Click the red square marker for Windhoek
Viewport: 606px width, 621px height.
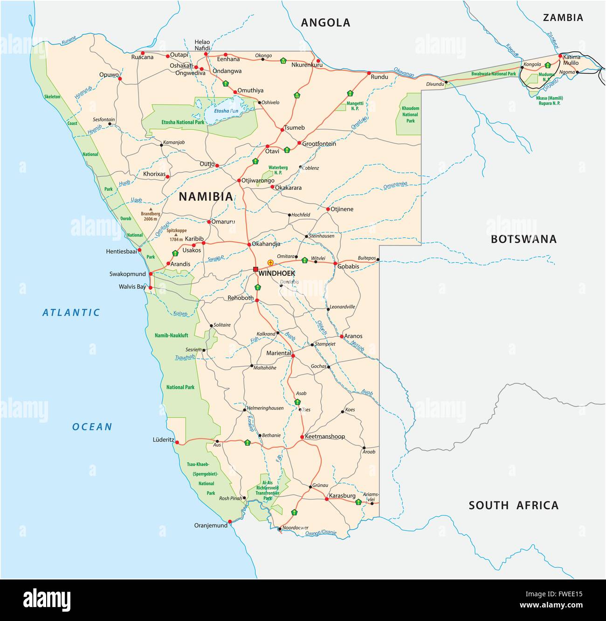point(255,269)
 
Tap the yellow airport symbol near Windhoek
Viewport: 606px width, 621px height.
point(270,263)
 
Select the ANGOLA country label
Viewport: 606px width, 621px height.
point(325,22)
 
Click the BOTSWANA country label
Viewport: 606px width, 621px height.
point(523,239)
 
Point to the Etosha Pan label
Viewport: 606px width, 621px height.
point(226,111)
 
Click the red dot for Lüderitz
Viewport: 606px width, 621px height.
point(177,442)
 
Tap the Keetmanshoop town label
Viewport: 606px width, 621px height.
point(325,436)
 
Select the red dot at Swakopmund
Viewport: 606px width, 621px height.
point(151,274)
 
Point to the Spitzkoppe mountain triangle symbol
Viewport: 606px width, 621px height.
point(176,234)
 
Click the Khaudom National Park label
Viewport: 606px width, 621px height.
point(410,114)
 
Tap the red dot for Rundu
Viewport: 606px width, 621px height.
point(369,73)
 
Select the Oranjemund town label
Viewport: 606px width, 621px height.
point(211,525)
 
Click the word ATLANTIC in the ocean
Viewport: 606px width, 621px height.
point(71,313)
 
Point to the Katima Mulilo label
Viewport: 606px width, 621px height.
point(571,60)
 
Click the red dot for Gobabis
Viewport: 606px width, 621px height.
point(335,264)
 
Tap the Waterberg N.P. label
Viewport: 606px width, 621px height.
point(278,170)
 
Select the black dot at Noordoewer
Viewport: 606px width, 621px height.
point(279,529)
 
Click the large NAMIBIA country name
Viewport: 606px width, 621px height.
point(206,196)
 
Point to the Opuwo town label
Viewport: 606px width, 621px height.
point(109,75)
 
